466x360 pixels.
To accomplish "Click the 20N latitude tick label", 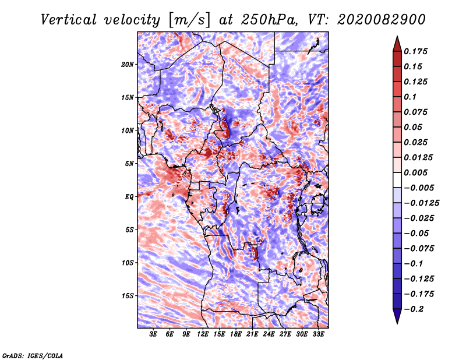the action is tap(128, 65).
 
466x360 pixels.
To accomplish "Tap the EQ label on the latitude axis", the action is tap(129, 197).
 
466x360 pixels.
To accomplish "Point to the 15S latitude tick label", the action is tap(128, 296).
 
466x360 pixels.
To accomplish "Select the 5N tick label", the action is tap(129, 164).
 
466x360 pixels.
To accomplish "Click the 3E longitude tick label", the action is tap(153, 334).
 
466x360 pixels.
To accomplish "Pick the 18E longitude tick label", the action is tap(236, 334).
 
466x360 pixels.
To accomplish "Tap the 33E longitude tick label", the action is tap(318, 334).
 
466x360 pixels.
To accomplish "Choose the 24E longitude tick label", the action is tap(269, 334).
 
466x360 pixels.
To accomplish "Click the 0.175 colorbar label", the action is tap(415, 51).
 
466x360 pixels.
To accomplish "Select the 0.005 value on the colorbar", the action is tap(415, 172).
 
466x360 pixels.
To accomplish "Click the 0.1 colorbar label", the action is tap(410, 97).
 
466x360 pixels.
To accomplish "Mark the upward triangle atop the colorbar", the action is tap(397, 44).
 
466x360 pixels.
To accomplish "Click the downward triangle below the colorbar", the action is tap(397, 316).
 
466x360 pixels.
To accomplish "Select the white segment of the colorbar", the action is tap(397, 180).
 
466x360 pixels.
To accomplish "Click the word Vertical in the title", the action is tap(69, 20).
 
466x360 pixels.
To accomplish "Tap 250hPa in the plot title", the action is tap(269, 20).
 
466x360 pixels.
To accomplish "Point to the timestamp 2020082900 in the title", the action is tap(382, 20).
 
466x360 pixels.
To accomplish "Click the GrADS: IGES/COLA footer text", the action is tap(33, 356).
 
